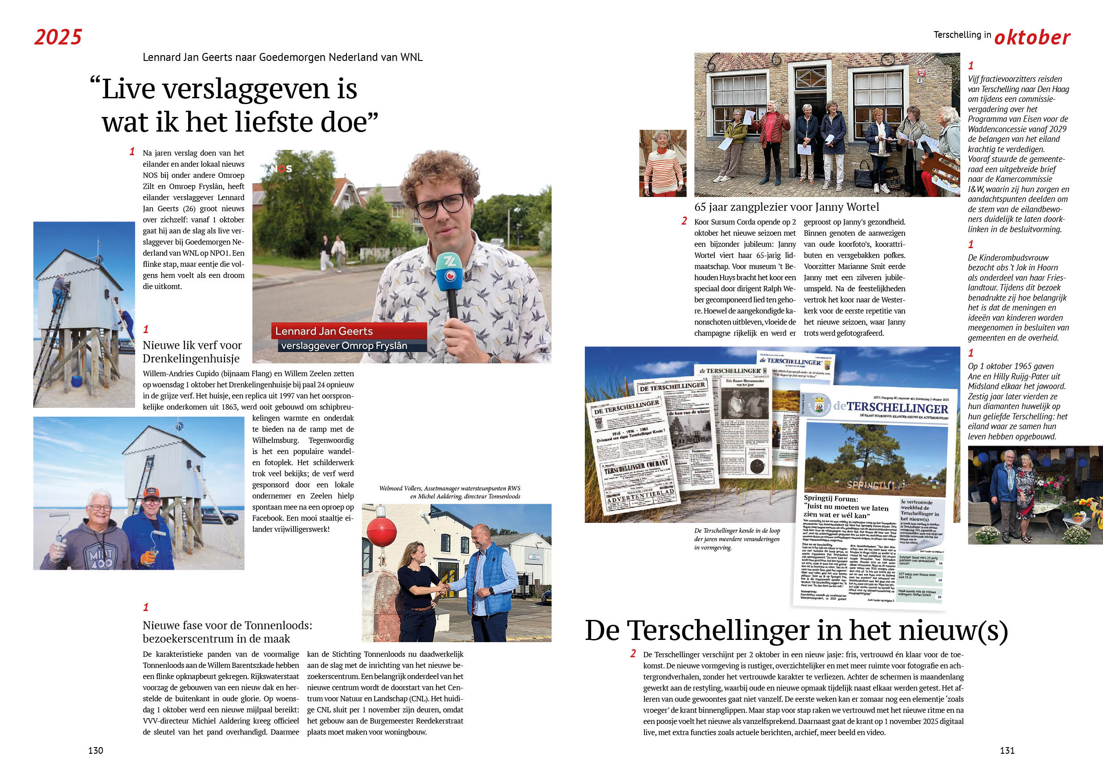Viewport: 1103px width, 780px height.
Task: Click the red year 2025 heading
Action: pyautogui.click(x=58, y=37)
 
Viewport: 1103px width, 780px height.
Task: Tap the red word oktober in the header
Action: pyautogui.click(x=1032, y=37)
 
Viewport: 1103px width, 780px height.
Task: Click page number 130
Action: pyautogui.click(x=95, y=750)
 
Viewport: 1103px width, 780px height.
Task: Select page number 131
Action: pyautogui.click(x=1007, y=750)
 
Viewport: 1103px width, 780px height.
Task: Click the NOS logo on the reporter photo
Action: pyautogui.click(x=281, y=169)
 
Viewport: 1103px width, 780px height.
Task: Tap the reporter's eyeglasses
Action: pyautogui.click(x=439, y=204)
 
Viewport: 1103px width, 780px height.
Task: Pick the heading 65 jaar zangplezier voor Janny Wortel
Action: pyautogui.click(x=786, y=207)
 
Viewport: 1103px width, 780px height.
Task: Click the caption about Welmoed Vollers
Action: pyautogui.click(x=449, y=492)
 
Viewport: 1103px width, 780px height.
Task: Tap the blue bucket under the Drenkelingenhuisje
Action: pyautogui.click(x=77, y=382)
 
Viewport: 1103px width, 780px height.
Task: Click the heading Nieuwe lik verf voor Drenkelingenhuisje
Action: pyautogui.click(x=192, y=352)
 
